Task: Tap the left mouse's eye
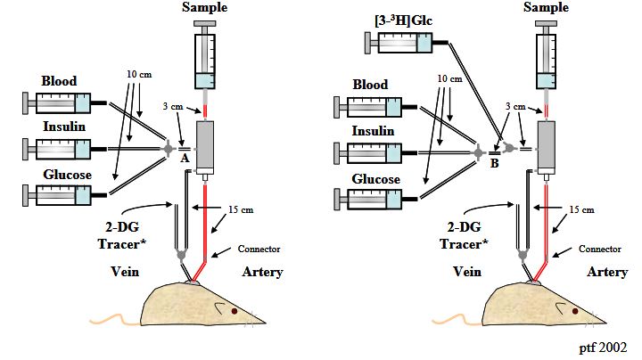click(x=234, y=311)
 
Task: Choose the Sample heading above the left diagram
click(x=205, y=7)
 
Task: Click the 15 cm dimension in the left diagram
click(x=254, y=210)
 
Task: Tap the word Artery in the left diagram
click(x=263, y=272)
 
